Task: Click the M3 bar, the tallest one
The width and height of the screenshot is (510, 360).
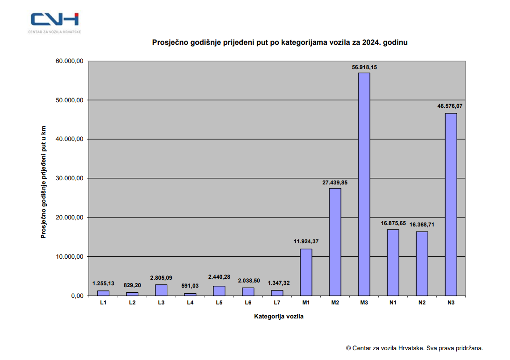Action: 364,184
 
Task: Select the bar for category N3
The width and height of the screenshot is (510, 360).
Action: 451,204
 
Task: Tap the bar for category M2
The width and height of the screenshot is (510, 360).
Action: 335,241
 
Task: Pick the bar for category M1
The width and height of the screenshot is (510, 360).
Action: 306,272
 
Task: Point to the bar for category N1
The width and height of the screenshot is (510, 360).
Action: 393,262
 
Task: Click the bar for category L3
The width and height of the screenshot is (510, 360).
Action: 162,290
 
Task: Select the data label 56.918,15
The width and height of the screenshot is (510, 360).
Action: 364,67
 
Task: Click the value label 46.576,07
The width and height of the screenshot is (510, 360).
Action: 450,106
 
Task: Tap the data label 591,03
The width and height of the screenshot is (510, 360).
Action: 190,286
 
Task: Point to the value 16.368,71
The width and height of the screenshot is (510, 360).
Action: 422,225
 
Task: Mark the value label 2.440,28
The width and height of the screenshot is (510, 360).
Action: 219,277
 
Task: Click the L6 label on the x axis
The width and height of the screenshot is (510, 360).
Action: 248,303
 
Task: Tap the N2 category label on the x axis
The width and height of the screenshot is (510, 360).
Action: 422,303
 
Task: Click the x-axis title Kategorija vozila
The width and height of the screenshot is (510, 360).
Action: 279,317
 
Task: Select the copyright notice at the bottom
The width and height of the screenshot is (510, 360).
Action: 414,348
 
